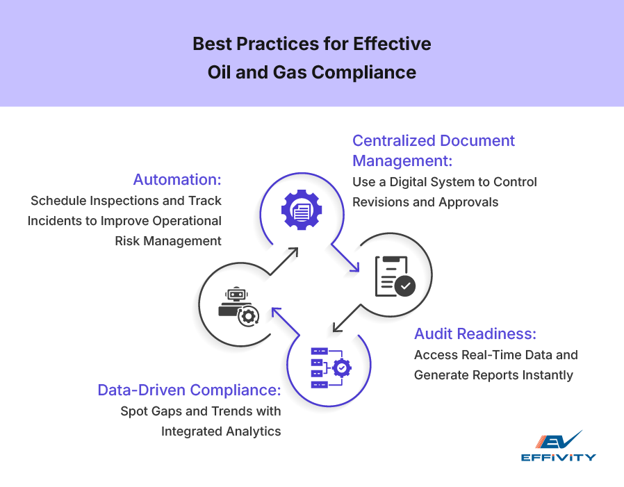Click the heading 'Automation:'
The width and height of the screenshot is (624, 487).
pos(177,179)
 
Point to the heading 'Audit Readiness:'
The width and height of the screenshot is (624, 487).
pos(475,333)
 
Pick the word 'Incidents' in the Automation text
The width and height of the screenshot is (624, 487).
pos(58,221)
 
